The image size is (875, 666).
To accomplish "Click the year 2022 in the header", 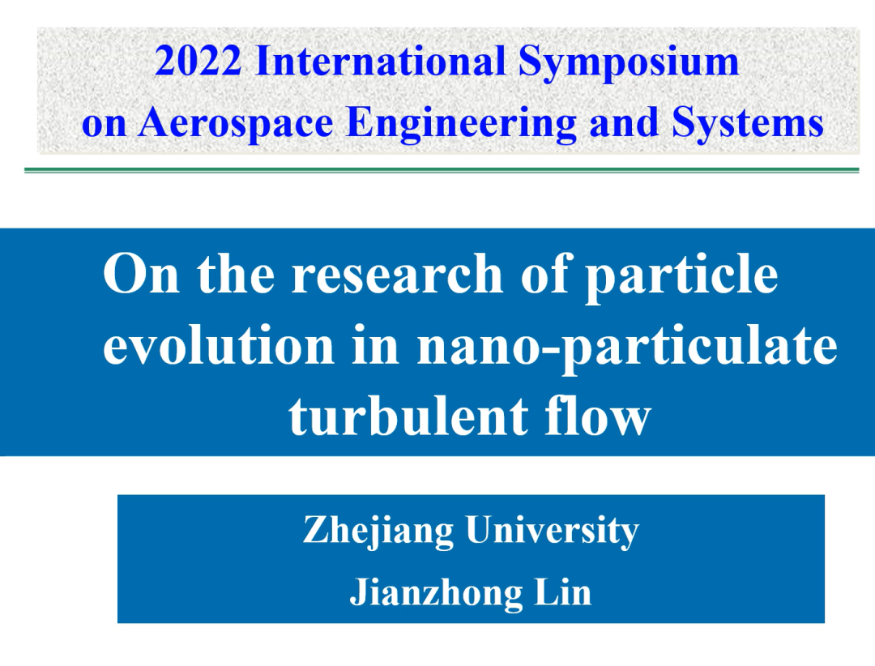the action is pyautogui.click(x=198, y=61).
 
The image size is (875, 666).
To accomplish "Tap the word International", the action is pyautogui.click(x=380, y=61).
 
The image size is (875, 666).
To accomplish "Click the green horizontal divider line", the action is pyautogui.click(x=442, y=170).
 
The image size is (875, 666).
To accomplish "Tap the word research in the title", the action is pyautogui.click(x=397, y=275).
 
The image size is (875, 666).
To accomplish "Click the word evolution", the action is pyautogui.click(x=218, y=344).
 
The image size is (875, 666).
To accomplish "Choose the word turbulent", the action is pyautogui.click(x=408, y=416).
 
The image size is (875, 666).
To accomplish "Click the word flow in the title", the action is pyautogui.click(x=598, y=416).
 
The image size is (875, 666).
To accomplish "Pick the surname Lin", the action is pyautogui.click(x=562, y=592).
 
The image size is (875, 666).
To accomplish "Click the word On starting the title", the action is pyautogui.click(x=141, y=274).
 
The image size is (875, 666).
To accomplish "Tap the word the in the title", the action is pyautogui.click(x=236, y=274).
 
